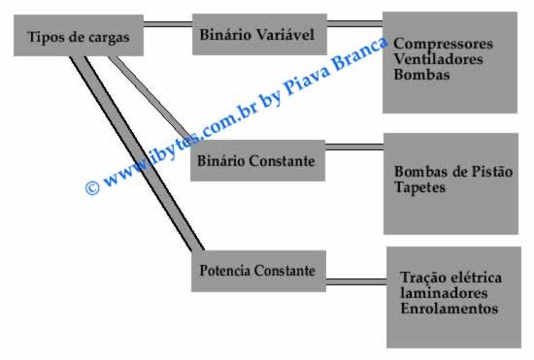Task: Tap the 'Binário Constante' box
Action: (257, 160)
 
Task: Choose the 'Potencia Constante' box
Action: (257, 269)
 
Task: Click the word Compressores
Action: (445, 44)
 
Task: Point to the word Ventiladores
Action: (439, 59)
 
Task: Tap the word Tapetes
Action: (420, 188)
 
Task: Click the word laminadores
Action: (443, 293)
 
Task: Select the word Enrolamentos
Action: (449, 309)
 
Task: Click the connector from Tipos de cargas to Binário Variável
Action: (168, 23)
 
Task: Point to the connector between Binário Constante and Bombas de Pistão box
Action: (353, 147)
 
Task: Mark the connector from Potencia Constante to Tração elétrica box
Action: (355, 280)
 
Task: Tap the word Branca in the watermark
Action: (363, 57)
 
